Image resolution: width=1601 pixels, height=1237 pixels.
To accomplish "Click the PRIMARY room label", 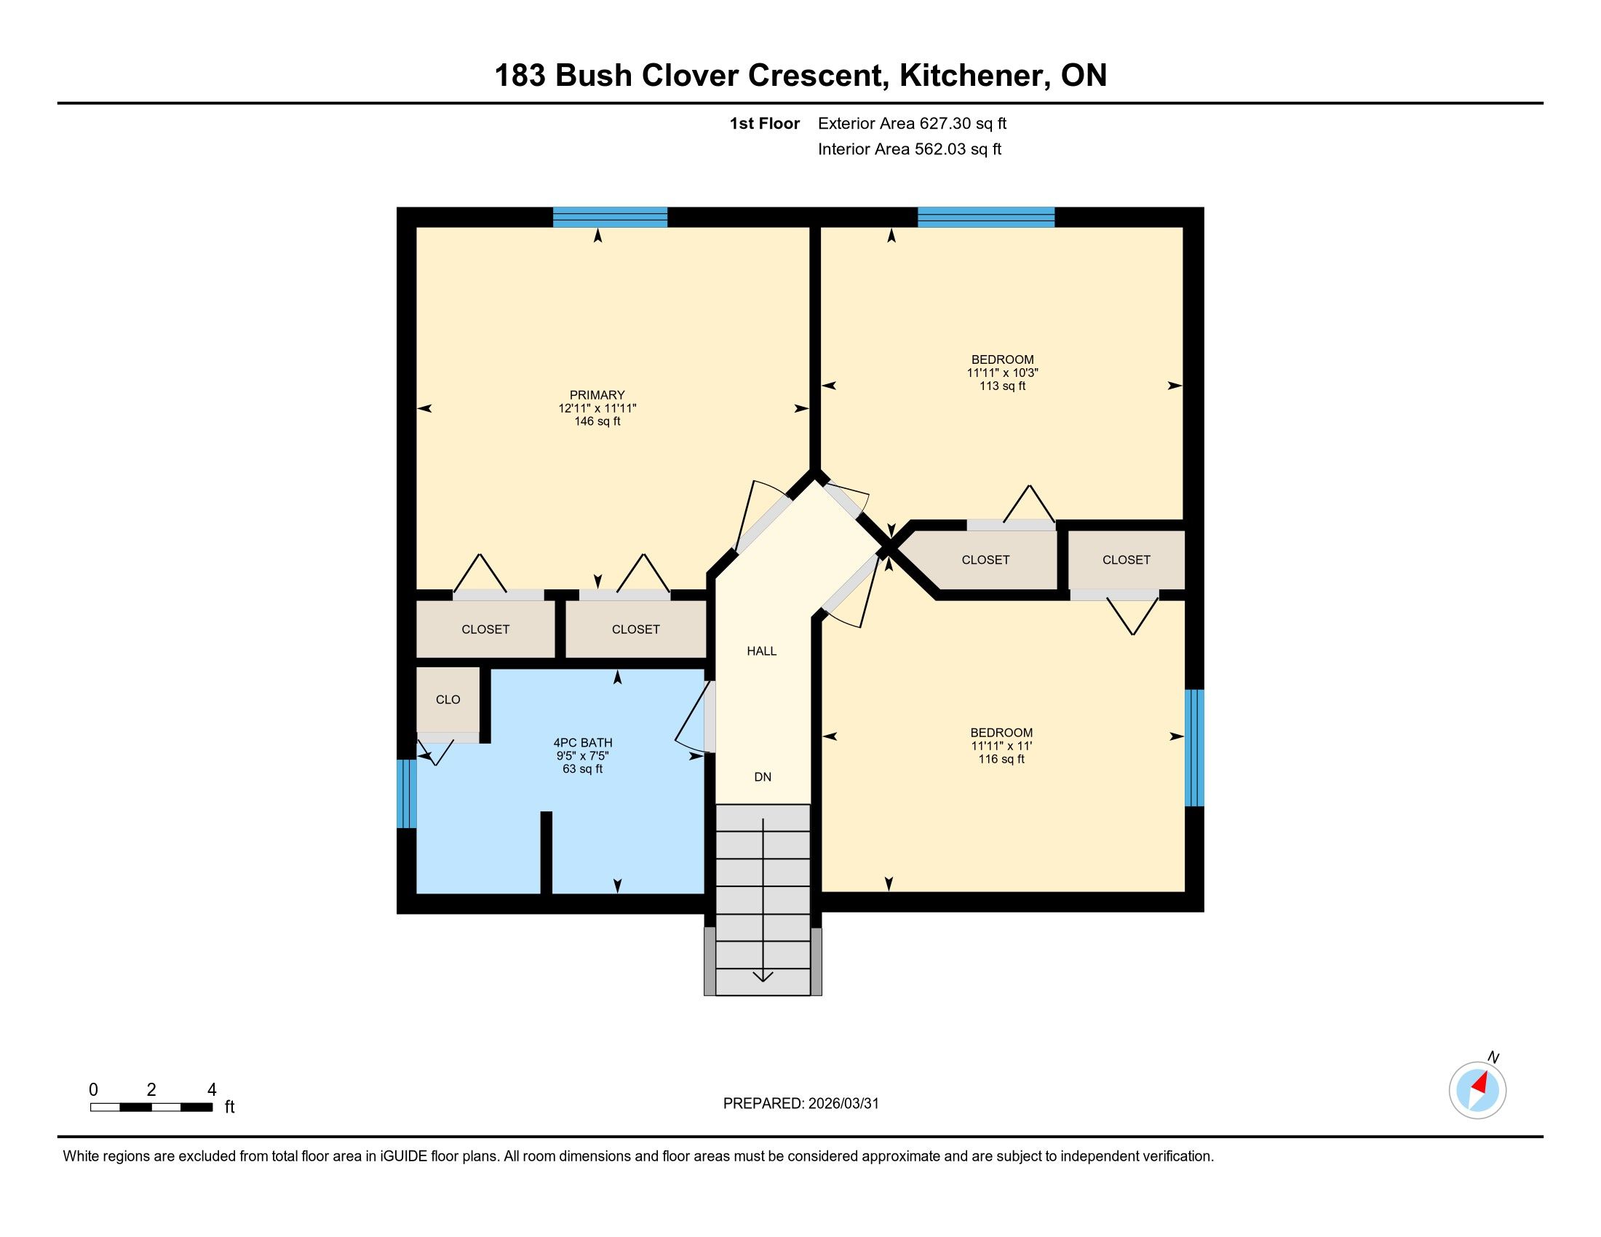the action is (597, 395).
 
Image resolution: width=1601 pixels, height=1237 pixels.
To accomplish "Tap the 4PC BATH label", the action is (583, 742).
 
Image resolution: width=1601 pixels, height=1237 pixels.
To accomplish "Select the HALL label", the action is (762, 651).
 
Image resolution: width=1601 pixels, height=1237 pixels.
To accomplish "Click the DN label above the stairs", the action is (763, 777).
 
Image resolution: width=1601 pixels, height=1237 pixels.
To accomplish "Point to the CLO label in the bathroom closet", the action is (448, 700).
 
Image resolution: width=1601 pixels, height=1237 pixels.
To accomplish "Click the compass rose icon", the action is (1477, 1089).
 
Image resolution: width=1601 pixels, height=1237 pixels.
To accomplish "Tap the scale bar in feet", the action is (152, 1107).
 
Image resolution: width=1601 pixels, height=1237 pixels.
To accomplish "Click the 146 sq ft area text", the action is (597, 421).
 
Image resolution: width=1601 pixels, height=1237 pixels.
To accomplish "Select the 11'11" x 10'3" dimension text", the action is (1002, 373).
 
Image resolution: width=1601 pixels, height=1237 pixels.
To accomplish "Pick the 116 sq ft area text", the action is (1001, 759).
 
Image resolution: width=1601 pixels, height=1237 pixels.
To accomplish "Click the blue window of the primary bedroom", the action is (610, 218).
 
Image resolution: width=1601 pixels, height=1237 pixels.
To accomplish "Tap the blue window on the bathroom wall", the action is (407, 794).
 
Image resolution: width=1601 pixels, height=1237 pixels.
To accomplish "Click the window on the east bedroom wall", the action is (1194, 747).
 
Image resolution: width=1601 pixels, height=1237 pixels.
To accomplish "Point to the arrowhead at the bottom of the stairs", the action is (763, 976).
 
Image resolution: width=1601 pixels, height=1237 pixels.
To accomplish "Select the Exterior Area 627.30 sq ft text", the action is (912, 123).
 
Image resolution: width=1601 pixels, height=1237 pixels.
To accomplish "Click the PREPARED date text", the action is (800, 1104).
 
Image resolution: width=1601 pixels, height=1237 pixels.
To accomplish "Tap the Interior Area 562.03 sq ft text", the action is (910, 149).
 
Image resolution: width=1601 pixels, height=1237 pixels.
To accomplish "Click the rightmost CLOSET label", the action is (1126, 560).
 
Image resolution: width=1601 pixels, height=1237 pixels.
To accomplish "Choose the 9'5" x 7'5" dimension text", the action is (583, 755).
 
